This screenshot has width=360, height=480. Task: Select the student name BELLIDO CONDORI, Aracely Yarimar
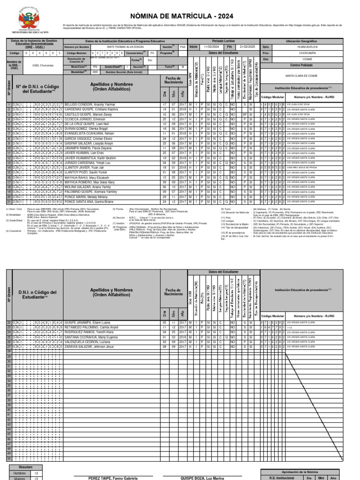[90, 104]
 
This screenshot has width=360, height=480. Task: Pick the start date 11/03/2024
[211, 47]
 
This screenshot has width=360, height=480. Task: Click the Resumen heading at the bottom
[25, 467]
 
